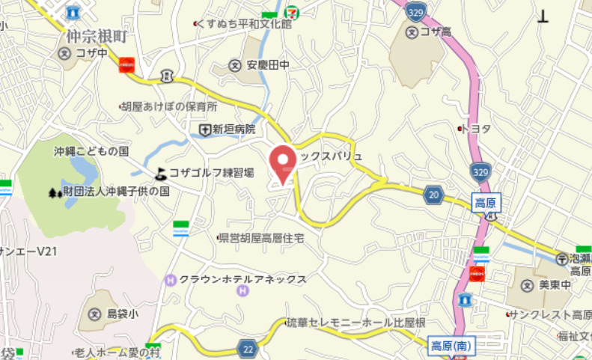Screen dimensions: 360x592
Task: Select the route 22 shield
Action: tap(247, 347)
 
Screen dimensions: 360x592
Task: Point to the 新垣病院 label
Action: tap(234, 129)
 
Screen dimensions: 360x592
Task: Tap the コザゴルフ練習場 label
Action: tap(212, 173)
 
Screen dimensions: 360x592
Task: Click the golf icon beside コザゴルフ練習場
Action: tap(161, 174)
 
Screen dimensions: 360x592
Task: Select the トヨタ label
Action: tap(476, 129)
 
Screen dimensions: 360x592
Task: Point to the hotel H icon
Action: tap(170, 281)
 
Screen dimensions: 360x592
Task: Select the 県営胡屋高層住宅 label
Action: tap(260, 238)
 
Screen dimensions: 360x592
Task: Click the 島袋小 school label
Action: tap(123, 315)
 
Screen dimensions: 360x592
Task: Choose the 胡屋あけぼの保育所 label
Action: tap(172, 106)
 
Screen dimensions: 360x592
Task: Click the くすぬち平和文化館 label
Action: tap(244, 24)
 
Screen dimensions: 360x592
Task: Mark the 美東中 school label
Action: tap(555, 285)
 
